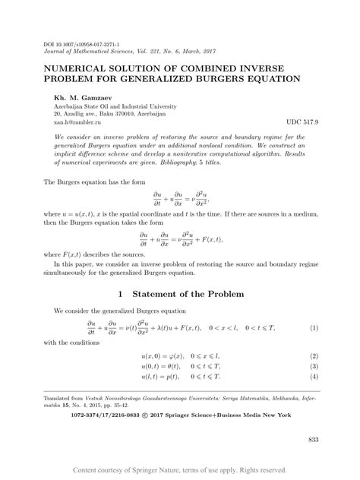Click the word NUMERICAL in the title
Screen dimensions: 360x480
[87, 67]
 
